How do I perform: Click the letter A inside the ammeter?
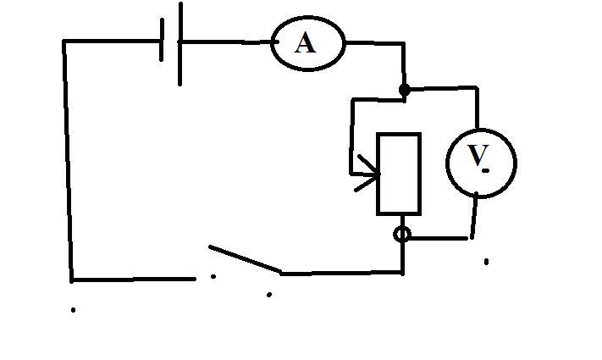coord(306,42)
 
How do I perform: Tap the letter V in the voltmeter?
coord(478,155)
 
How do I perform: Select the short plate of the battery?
coord(162,40)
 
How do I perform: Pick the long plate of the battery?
coord(180,43)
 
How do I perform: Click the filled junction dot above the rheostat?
coord(404,90)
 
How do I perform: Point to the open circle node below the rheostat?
coord(402,235)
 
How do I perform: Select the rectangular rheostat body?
coord(399,174)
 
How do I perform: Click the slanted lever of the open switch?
coord(245,259)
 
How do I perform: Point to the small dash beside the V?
coord(486,170)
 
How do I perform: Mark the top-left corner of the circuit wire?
coord(64,41)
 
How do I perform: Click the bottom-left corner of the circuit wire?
coord(72,280)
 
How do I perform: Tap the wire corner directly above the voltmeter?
coord(477,88)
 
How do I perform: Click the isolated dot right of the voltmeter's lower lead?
coord(487,262)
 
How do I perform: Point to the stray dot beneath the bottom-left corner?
coord(73,310)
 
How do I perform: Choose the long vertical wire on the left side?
coord(68,161)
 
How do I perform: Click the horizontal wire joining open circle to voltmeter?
coord(439,239)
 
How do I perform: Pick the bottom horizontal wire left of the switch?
coord(134,280)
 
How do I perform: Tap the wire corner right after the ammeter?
coord(403,43)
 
